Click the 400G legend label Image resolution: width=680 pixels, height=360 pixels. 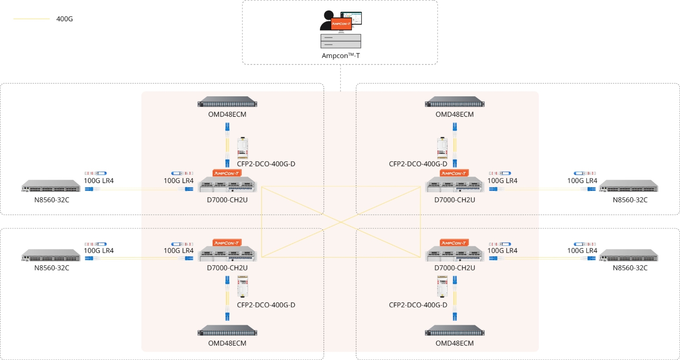(65, 19)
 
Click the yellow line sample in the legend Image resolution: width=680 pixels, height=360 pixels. (31, 19)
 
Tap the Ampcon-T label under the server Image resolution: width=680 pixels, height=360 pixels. (340, 56)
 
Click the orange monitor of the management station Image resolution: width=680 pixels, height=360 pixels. (341, 24)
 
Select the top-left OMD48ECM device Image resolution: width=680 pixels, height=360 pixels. (227, 102)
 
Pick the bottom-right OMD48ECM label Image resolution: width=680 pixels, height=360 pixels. (454, 343)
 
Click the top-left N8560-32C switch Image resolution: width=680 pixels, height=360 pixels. (51, 187)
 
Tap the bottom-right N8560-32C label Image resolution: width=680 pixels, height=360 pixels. (630, 268)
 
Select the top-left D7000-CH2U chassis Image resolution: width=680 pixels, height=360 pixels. (227, 185)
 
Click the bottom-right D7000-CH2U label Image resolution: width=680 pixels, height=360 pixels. (454, 268)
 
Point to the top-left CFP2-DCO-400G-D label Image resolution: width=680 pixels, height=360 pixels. (266, 164)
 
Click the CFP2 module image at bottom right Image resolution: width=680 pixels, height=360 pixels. (442, 286)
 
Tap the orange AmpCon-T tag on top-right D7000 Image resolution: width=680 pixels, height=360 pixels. (454, 173)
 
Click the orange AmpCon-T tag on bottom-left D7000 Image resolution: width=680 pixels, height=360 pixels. (227, 243)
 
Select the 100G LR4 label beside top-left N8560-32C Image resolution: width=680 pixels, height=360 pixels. (99, 181)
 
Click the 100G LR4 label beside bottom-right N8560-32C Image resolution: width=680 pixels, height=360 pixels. (582, 251)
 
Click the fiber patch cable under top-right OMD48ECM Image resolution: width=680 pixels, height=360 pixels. (455, 145)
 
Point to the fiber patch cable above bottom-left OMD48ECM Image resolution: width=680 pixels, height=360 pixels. (227, 299)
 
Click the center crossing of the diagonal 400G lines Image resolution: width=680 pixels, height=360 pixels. (341, 222)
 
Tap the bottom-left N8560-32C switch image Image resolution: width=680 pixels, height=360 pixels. (51, 256)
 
